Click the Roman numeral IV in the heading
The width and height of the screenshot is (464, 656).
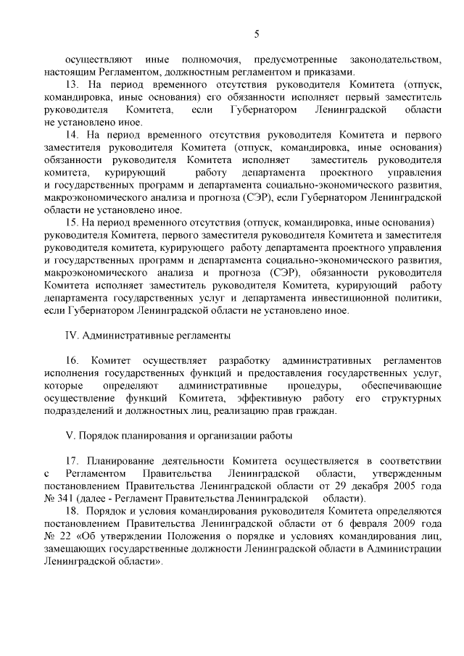tap(72, 336)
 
